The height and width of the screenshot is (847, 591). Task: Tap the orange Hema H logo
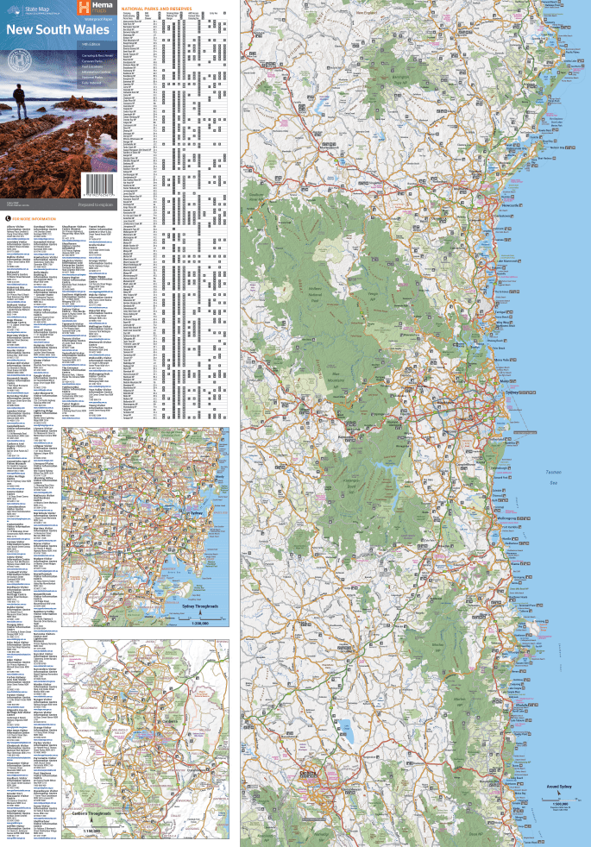(84, 9)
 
